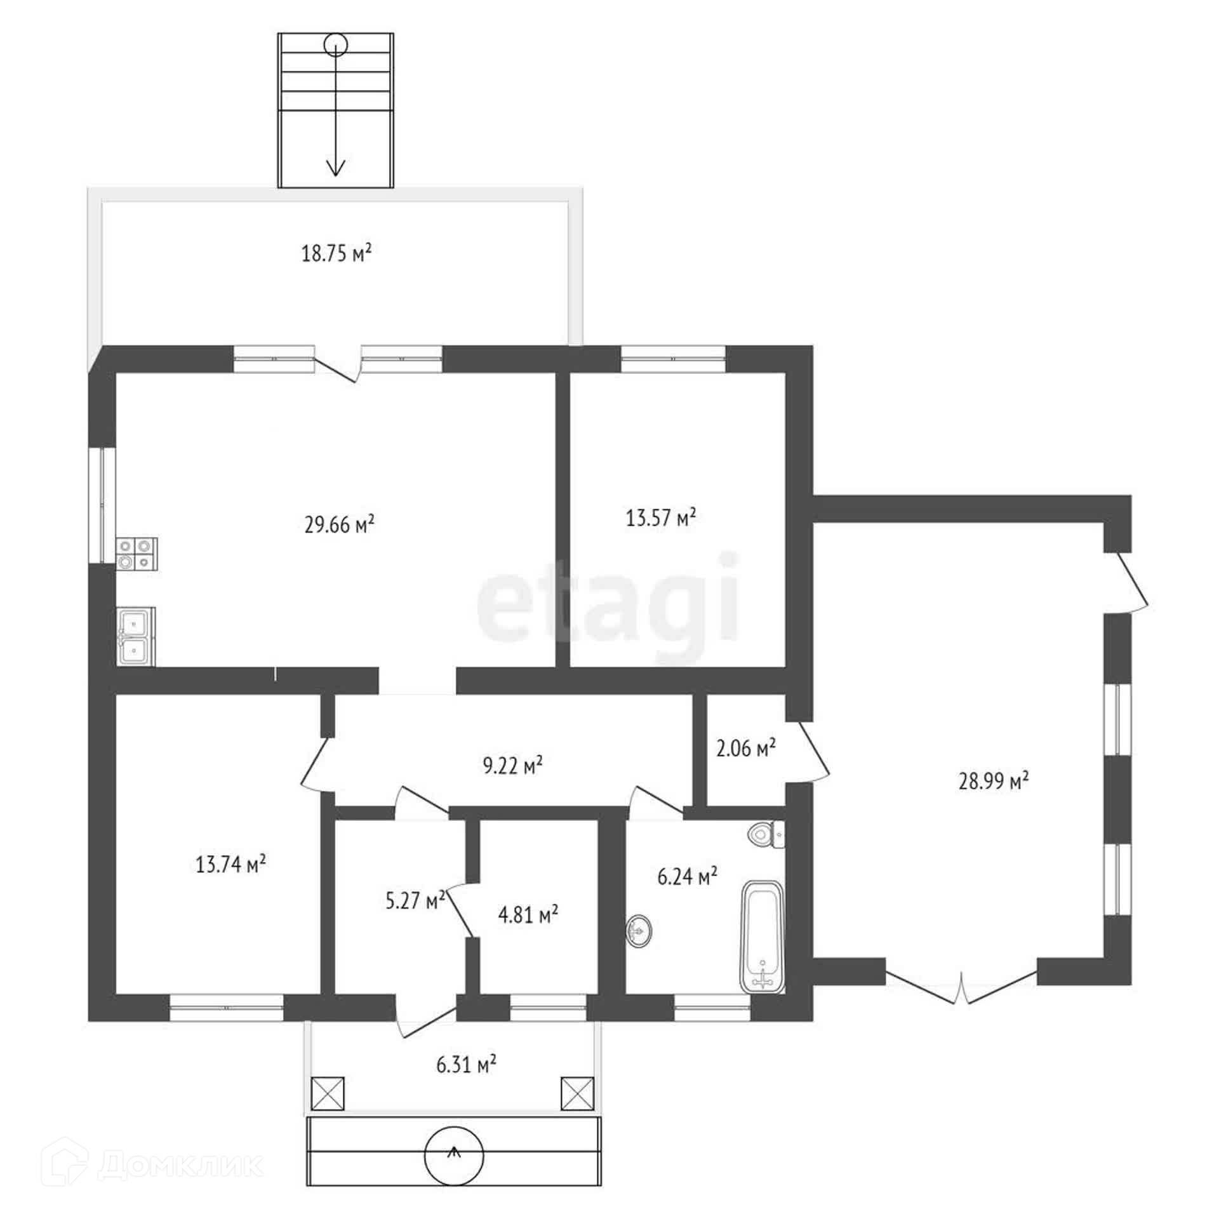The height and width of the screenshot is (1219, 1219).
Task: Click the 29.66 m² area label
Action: click(339, 524)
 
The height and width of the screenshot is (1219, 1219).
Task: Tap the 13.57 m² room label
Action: click(661, 517)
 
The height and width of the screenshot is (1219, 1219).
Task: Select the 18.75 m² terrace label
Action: click(336, 253)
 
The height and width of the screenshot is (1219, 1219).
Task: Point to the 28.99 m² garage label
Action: click(994, 780)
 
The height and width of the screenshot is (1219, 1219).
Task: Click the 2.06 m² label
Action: click(746, 749)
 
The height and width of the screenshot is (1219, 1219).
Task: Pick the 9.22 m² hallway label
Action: click(513, 765)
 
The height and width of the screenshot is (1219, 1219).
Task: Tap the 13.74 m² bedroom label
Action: click(230, 864)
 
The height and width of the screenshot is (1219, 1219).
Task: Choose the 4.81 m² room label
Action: click(528, 915)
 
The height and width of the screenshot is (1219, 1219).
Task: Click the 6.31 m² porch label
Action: click(466, 1063)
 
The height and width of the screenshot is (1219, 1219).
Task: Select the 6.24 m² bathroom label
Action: click(688, 877)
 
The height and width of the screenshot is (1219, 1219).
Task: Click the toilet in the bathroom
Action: click(766, 834)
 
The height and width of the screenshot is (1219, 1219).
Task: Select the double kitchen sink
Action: click(135, 637)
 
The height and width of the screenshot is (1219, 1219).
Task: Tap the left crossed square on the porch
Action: click(328, 1093)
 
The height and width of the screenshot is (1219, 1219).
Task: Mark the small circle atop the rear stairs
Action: click(335, 45)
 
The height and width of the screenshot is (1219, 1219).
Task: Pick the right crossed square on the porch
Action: click(578, 1093)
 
